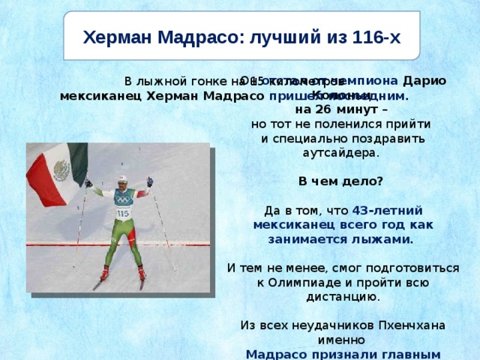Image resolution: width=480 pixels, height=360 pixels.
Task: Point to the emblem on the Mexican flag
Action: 61,172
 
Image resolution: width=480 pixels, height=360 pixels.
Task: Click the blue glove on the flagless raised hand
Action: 150,181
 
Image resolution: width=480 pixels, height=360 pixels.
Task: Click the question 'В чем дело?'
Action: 340,181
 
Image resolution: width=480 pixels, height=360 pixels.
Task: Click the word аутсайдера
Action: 340,152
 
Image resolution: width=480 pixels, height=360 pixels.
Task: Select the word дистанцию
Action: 340,296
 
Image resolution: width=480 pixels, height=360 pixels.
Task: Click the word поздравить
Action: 389,138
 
